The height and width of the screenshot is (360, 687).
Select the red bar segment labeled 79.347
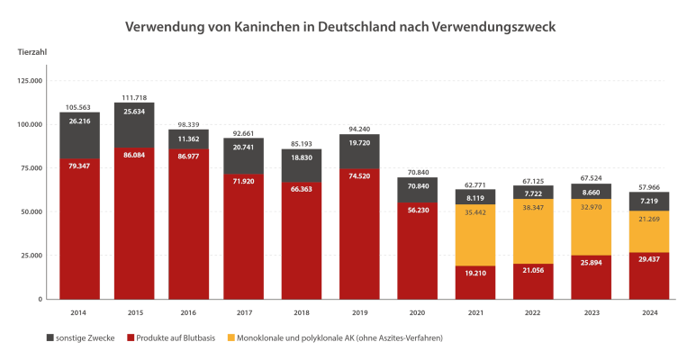tap(79, 225)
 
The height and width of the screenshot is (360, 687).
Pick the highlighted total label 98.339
tap(189, 124)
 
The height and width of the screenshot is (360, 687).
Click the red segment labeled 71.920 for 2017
tap(244, 234)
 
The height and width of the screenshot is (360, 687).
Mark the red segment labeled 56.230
tap(418, 252)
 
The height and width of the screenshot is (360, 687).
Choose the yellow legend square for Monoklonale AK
tap(232, 338)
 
